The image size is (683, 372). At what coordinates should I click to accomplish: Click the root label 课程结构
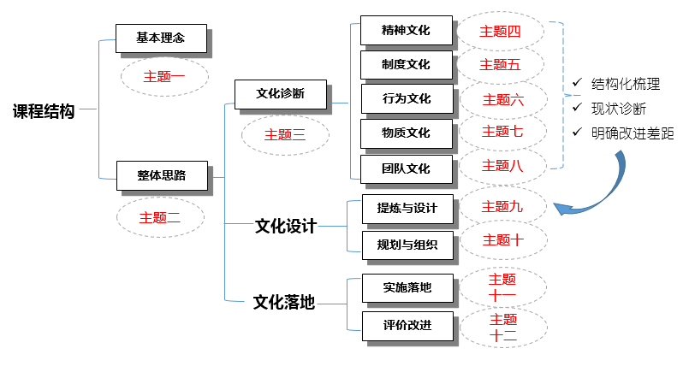pyautogui.click(x=44, y=111)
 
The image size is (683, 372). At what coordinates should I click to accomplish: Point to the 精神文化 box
pyautogui.click(x=407, y=31)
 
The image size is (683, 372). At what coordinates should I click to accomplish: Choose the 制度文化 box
pyautogui.click(x=407, y=64)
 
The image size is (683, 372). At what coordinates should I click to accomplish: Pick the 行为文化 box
pyautogui.click(x=407, y=98)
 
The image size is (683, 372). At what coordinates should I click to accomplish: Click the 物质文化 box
pyautogui.click(x=407, y=133)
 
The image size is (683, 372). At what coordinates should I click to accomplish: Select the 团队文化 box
pyautogui.click(x=407, y=168)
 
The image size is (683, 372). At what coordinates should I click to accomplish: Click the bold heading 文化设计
pyautogui.click(x=286, y=227)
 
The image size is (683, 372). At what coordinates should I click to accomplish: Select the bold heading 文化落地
pyautogui.click(x=284, y=302)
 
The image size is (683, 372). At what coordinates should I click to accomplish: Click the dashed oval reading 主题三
pyautogui.click(x=285, y=134)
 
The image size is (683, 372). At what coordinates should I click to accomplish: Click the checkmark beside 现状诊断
pyautogui.click(x=578, y=109)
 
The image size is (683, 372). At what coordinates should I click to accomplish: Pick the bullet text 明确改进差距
pyautogui.click(x=627, y=133)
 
